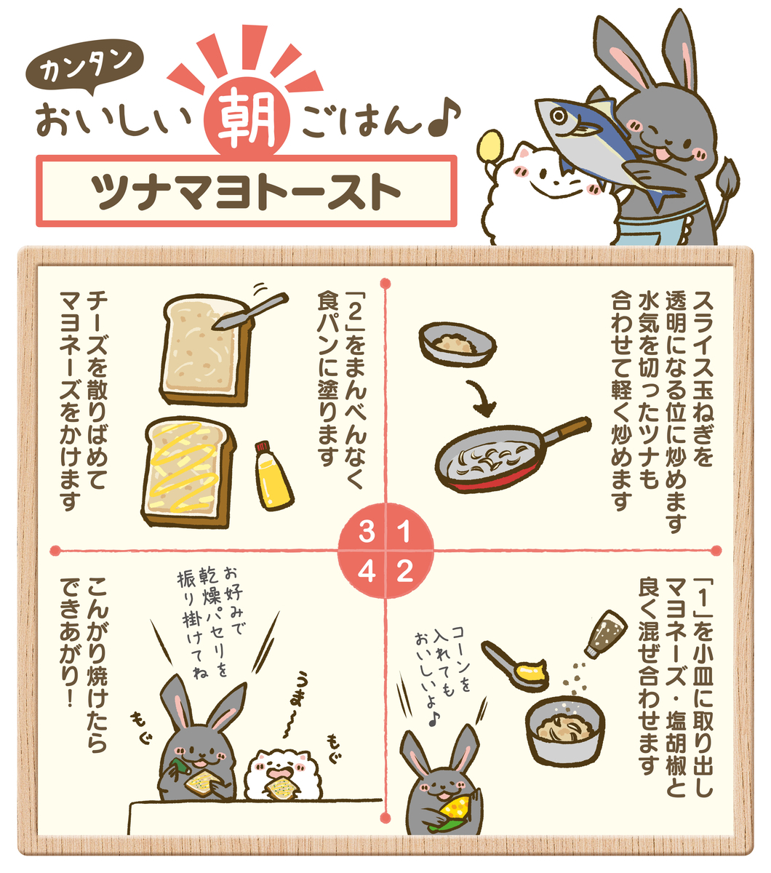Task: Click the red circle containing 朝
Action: (x=247, y=118)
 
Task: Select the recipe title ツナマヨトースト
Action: (x=246, y=191)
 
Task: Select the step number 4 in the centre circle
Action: (x=367, y=572)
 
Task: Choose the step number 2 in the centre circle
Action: (x=404, y=572)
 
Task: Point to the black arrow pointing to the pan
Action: (x=483, y=399)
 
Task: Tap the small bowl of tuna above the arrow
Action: (x=458, y=344)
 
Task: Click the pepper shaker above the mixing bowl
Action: (x=604, y=634)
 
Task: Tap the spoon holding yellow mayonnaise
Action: (x=514, y=666)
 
